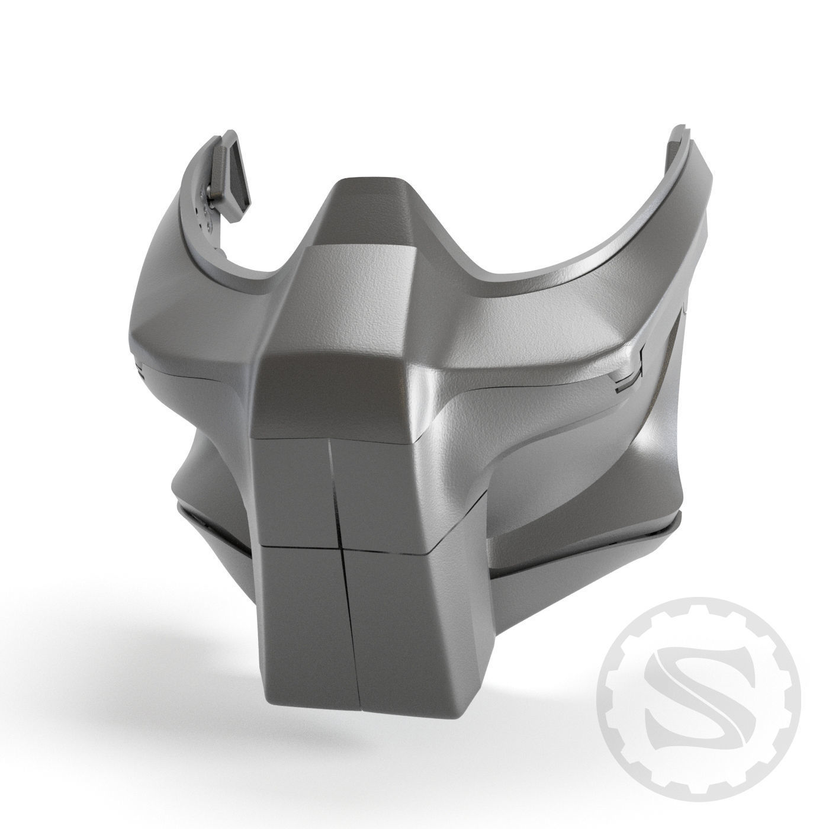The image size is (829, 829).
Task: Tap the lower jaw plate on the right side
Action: coord(580,545)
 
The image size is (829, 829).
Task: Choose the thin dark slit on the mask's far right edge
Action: coord(685,320)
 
